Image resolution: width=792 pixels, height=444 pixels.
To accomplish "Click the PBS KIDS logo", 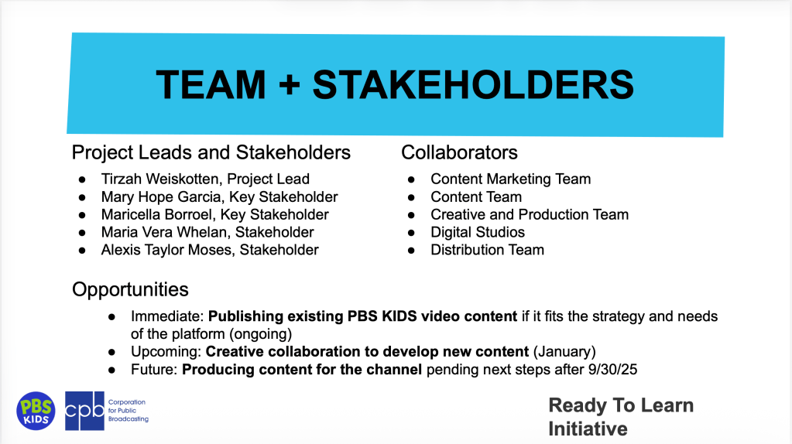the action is tap(36, 411).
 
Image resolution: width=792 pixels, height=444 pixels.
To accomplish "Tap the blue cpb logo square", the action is tap(85, 411).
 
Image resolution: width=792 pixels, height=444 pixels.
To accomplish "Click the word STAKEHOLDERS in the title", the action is tap(473, 84).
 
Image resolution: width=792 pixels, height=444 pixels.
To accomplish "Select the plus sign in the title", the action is tap(290, 84).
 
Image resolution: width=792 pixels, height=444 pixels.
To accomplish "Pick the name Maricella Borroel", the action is tap(156, 214).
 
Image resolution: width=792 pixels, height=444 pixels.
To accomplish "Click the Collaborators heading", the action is tap(459, 152).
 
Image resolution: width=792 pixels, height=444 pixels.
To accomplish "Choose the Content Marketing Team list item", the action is tap(510, 179).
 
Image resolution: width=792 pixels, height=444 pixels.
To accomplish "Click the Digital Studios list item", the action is tap(478, 232).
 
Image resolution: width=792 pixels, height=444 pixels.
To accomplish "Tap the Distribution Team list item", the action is tap(487, 250).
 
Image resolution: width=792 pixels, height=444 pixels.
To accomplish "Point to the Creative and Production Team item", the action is tap(530, 214).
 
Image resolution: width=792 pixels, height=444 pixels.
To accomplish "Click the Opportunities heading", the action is tap(130, 289).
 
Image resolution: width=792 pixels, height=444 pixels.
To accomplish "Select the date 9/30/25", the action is tap(612, 369).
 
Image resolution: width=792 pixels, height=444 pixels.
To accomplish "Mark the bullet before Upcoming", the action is tap(111, 352).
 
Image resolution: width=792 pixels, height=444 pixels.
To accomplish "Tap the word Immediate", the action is tap(167, 316).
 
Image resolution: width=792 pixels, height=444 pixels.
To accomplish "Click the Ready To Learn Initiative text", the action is tap(621, 417).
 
